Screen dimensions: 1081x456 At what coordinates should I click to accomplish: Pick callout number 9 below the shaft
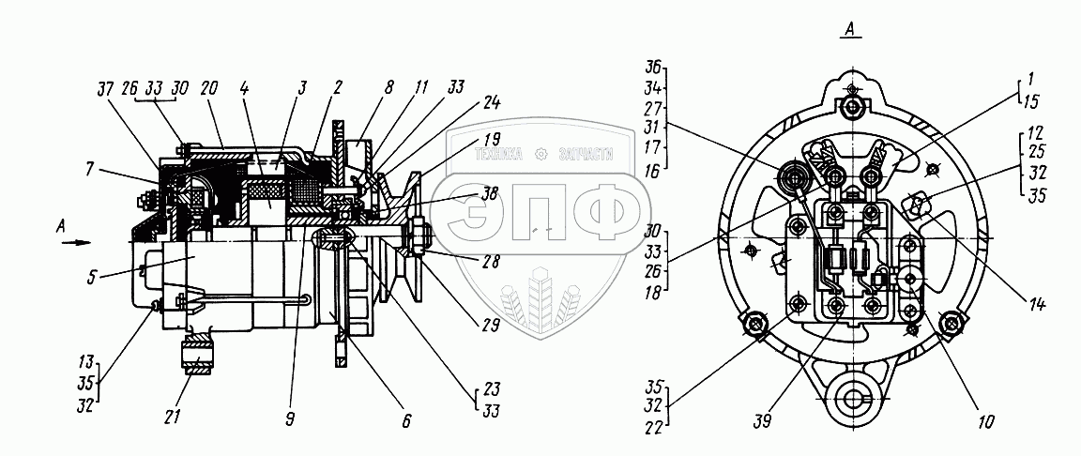coord(405,421)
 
